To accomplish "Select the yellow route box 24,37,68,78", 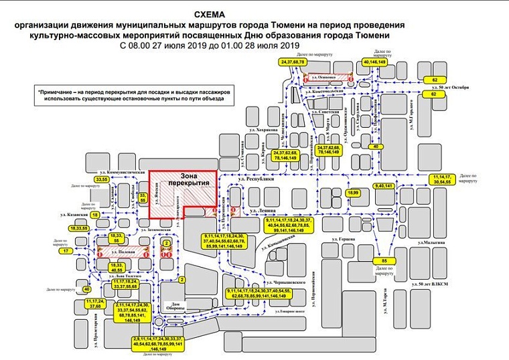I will [x=293, y=62].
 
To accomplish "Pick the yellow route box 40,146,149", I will [x=374, y=62].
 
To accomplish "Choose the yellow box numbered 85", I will [x=384, y=260].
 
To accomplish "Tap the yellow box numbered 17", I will [x=66, y=252].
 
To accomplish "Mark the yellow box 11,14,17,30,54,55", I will [x=441, y=179].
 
